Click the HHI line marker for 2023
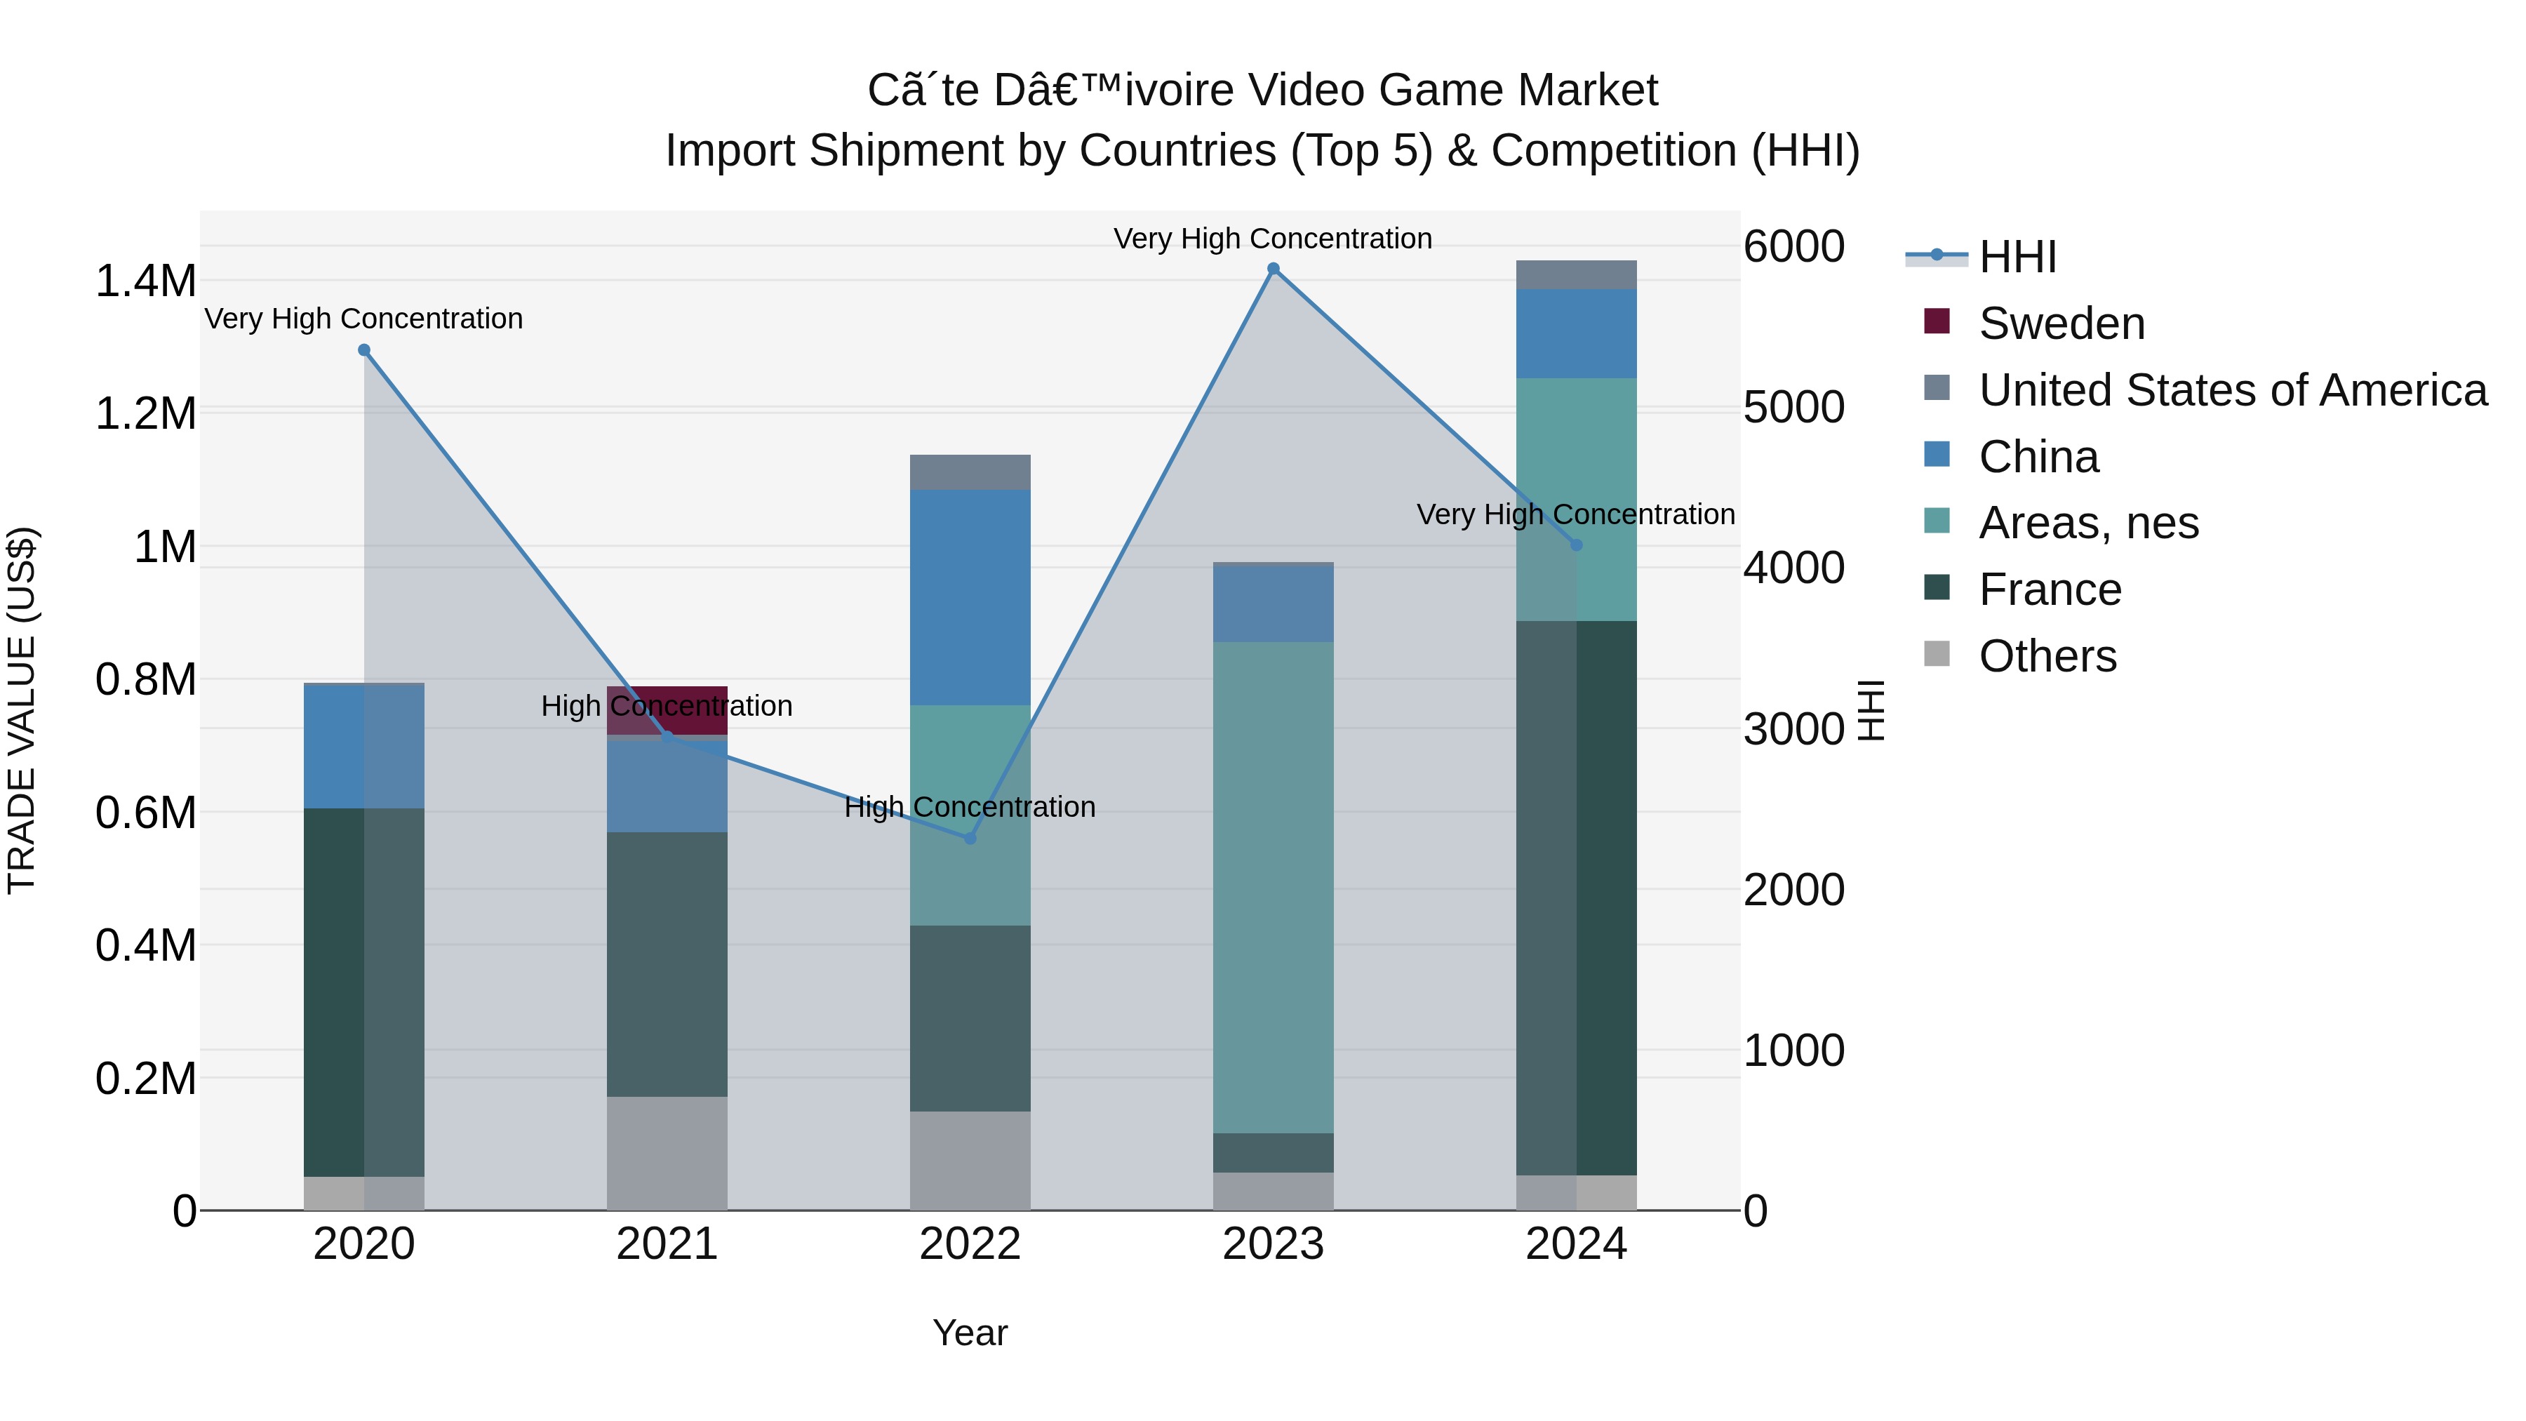click(1273, 269)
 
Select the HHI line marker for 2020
click(363, 350)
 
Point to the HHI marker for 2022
click(970, 839)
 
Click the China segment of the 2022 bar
click(970, 598)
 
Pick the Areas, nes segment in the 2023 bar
click(1273, 888)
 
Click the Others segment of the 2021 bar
click(667, 1153)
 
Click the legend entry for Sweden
click(2061, 323)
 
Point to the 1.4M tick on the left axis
click(145, 281)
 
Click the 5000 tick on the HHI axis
click(1793, 407)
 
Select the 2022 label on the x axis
click(970, 1244)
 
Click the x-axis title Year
click(970, 1333)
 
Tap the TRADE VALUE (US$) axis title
click(22, 710)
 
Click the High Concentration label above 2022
click(970, 807)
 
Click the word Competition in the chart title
click(1614, 151)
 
